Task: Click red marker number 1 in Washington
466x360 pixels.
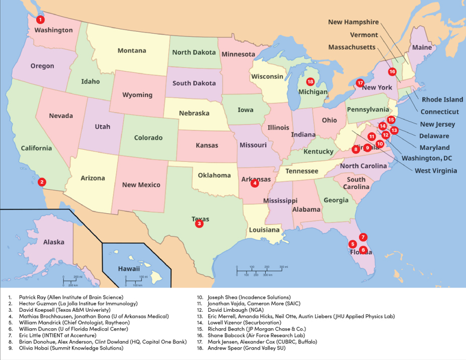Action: tap(41, 20)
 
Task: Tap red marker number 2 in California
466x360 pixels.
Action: tap(42, 182)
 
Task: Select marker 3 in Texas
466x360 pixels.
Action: tap(199, 224)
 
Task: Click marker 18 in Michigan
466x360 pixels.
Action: tap(310, 81)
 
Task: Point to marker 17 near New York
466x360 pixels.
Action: tap(360, 82)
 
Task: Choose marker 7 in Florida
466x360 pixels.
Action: tap(363, 237)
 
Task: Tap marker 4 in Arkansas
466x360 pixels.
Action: tap(255, 184)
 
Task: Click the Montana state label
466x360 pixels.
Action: tap(132, 50)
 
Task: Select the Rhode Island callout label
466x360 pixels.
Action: tap(442, 100)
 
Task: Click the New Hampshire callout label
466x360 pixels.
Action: tap(353, 22)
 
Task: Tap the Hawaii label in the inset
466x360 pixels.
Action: tap(129, 269)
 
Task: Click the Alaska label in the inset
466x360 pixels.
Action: tap(53, 242)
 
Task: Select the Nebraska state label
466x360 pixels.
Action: tap(194, 113)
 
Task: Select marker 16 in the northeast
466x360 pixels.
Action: tap(393, 71)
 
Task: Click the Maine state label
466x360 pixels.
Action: tap(422, 47)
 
